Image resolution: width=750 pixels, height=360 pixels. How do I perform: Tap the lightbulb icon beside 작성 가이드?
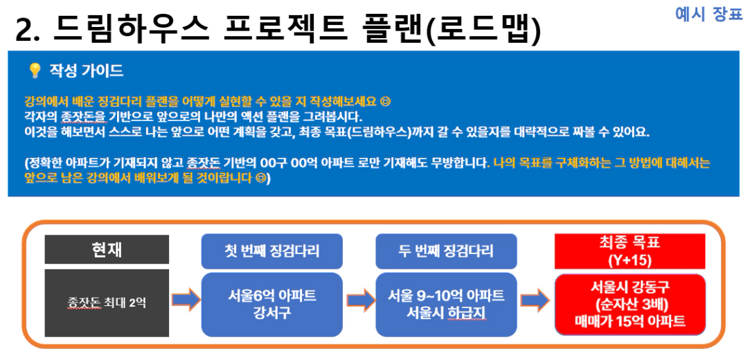[34, 71]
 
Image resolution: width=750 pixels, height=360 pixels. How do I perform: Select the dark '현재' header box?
[107, 249]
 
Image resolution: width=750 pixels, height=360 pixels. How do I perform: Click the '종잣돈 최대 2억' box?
[107, 303]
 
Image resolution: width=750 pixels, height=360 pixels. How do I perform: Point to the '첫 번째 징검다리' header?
[271, 251]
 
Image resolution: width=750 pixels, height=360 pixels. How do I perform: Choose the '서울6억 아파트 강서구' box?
[271, 305]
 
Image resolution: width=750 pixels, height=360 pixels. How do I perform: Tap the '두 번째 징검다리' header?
[446, 251]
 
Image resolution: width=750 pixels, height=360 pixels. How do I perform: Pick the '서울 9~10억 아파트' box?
[446, 305]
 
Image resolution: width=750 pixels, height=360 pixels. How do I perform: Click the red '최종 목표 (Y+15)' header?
[630, 251]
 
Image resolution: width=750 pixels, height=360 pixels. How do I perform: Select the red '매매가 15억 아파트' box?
[630, 305]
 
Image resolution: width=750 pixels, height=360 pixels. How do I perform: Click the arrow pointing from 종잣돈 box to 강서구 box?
[186, 300]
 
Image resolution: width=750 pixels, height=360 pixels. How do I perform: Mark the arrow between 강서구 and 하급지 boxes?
[360, 300]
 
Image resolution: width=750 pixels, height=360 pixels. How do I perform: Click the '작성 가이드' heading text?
[87, 71]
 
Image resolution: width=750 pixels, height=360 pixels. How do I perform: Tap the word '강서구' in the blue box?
[271, 313]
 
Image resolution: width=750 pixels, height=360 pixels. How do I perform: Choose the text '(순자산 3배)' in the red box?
[630, 305]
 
